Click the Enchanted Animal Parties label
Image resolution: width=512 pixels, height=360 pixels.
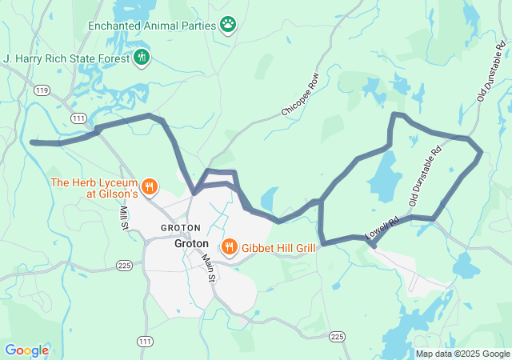click(152, 25)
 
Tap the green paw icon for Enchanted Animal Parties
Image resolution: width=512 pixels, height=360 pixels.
click(229, 25)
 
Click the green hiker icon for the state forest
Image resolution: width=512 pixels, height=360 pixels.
click(142, 57)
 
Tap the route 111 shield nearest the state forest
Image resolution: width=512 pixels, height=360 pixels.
click(78, 118)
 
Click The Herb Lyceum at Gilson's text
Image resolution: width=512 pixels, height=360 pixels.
click(94, 188)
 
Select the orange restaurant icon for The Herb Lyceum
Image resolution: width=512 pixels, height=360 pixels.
click(150, 187)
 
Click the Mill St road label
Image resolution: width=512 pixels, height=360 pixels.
click(125, 218)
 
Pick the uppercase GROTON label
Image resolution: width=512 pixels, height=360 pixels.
click(180, 228)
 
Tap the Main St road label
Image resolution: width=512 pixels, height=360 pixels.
click(208, 268)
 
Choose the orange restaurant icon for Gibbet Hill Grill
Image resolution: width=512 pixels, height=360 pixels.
click(229, 246)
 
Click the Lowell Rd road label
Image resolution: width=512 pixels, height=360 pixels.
click(382, 230)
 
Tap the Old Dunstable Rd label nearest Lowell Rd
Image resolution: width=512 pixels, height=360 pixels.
click(425, 177)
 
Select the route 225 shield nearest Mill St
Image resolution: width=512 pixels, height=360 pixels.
click(124, 265)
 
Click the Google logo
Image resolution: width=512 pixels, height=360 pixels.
click(26, 350)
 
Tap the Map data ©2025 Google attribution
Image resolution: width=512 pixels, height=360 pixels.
click(462, 354)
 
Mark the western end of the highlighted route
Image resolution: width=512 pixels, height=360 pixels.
click(33, 142)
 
